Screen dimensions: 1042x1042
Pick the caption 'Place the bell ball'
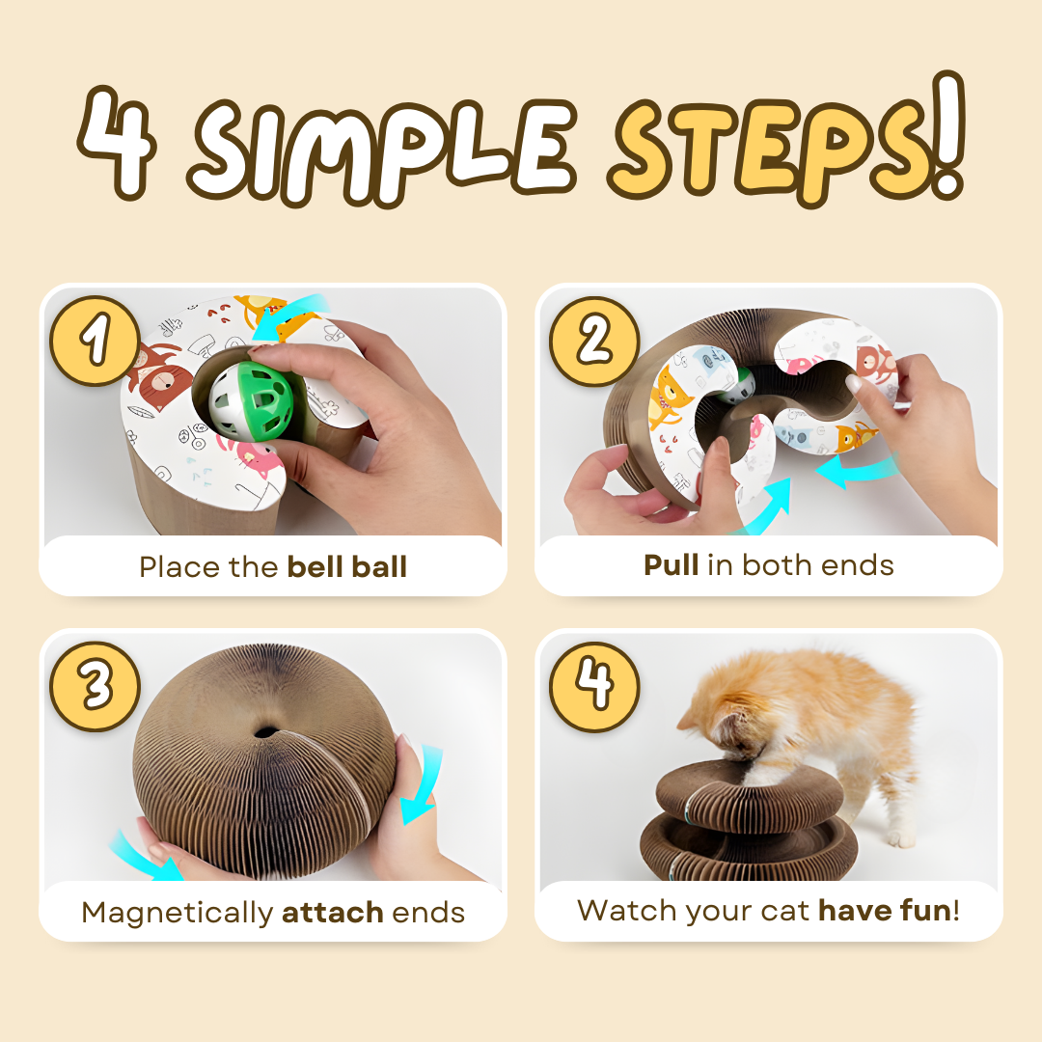point(273,566)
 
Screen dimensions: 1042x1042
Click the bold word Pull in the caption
point(672,565)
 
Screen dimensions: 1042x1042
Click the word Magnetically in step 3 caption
point(178,913)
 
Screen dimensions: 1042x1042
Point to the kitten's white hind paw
point(901,837)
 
